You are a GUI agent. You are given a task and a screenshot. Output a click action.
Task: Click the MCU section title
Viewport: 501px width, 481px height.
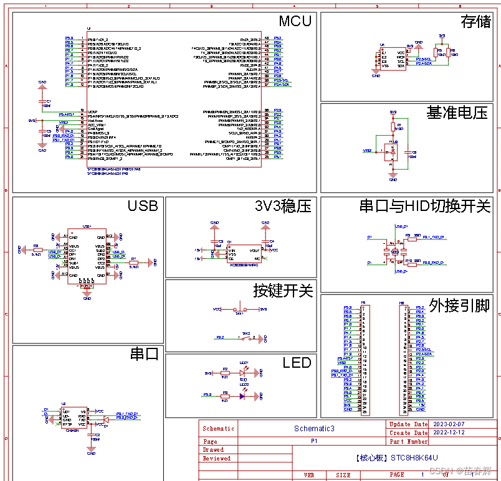point(295,21)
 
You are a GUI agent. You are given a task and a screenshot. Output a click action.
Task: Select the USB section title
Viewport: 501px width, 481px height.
point(143,206)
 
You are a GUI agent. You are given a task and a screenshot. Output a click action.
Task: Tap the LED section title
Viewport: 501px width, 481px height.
point(297,363)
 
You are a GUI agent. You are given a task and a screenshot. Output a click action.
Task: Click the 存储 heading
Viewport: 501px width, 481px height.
point(475,22)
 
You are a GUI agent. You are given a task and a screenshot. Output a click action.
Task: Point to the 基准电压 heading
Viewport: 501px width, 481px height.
point(457,113)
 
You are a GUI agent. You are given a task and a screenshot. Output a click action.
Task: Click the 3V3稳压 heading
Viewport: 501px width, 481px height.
point(283,207)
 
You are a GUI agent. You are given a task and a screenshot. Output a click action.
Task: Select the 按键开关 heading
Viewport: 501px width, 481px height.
point(282,290)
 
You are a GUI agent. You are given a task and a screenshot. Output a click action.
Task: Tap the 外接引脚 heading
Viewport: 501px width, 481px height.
point(459,306)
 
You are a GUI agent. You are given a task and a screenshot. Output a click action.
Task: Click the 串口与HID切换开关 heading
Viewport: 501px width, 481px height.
point(425,207)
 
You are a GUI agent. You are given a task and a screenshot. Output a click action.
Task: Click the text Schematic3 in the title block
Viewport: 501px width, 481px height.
point(314,429)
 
